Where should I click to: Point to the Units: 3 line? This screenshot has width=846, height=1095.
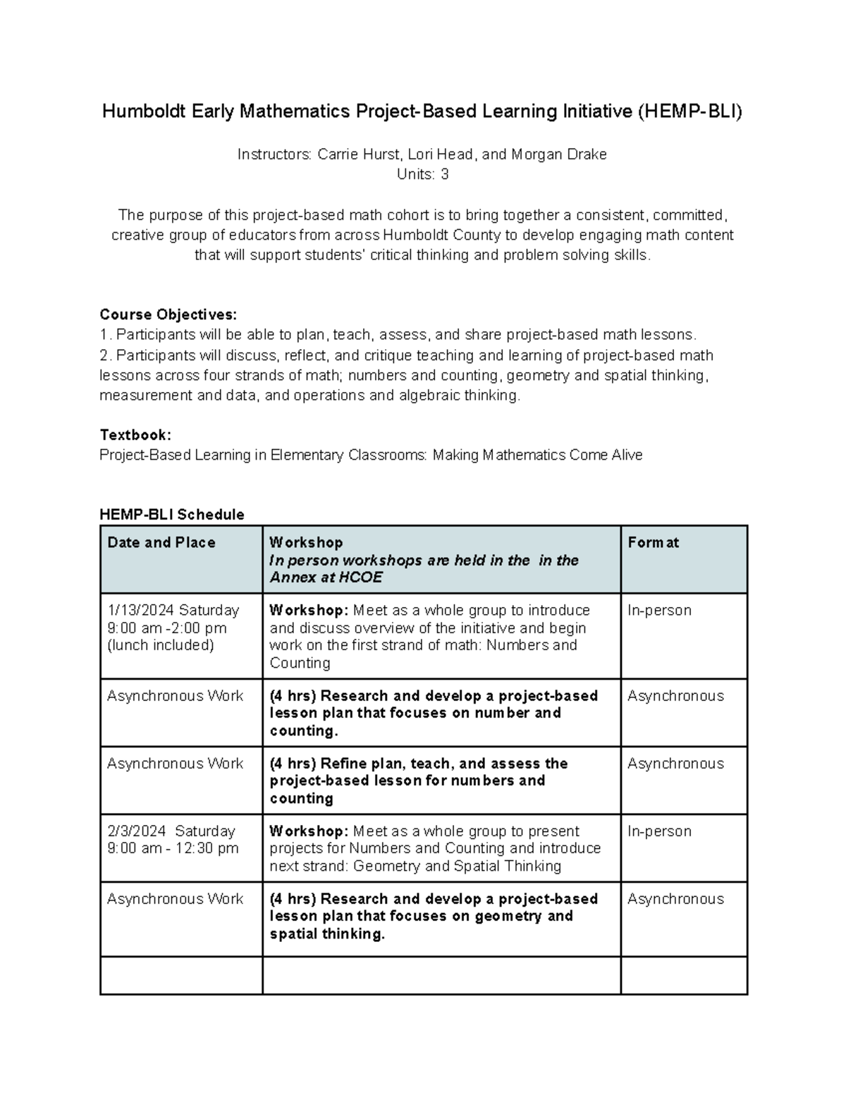point(422,174)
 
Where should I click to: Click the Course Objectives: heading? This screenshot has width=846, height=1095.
point(168,314)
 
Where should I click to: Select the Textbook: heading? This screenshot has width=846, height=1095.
point(135,435)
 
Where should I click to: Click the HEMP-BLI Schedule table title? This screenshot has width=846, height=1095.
point(172,515)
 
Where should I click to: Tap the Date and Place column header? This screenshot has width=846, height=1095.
point(161,542)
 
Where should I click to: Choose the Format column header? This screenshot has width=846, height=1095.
point(653,542)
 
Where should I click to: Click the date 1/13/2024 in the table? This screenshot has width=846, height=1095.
point(138,610)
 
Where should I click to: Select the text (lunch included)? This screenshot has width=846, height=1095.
point(160,645)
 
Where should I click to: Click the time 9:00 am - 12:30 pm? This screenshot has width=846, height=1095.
point(173,848)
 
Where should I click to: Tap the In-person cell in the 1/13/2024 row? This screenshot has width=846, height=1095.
point(659,610)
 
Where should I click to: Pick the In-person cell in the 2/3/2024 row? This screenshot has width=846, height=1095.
point(659,831)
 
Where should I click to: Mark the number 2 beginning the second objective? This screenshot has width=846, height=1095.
point(104,355)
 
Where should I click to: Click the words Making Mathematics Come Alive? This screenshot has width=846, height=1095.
point(537,455)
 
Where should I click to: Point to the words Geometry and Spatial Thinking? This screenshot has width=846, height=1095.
point(457,866)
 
